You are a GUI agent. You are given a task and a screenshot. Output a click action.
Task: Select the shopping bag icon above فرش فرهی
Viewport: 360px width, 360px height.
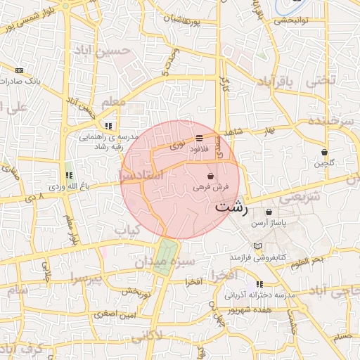211,176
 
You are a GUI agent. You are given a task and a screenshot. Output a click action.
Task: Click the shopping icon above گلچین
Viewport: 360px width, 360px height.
324,151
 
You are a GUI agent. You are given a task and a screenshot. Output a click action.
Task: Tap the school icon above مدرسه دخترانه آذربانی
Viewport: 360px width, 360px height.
259,284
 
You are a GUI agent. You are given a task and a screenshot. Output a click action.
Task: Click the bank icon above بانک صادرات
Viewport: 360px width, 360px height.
19,70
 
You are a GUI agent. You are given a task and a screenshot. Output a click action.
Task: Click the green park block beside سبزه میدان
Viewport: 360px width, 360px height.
166,254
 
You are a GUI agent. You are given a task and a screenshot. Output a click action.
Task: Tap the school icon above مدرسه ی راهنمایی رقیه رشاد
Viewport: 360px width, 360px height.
108,126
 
